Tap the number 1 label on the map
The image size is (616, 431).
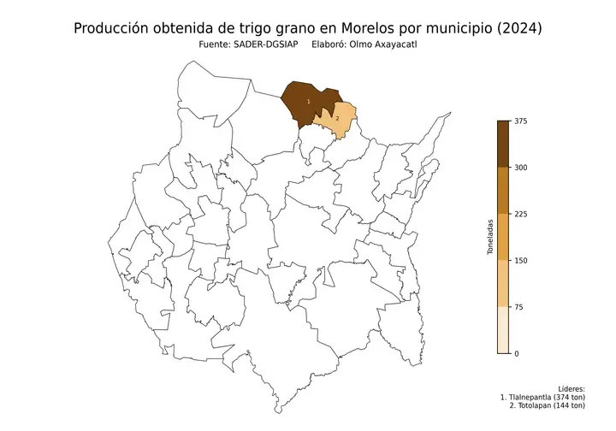[308, 102]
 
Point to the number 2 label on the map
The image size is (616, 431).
[337, 119]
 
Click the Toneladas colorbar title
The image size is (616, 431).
[490, 237]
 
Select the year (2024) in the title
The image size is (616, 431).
[517, 28]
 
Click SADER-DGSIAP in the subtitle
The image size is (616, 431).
[262, 44]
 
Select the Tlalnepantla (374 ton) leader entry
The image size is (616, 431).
[548, 398]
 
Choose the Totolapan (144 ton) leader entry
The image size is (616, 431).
[553, 406]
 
